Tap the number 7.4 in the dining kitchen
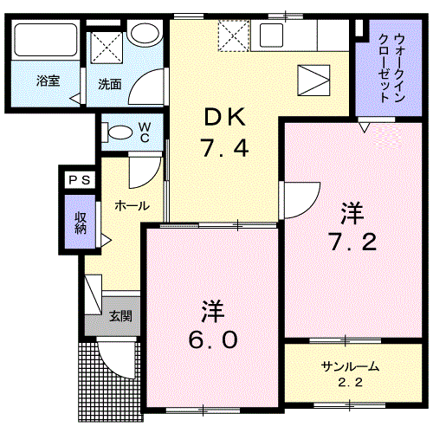pos(227,149)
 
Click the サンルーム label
pos(345,365)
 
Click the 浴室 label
pos(47,81)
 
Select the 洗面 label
pos(108,85)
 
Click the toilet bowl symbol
pos(116,132)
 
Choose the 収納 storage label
pos(80,223)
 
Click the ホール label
pos(132,206)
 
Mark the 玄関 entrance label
pos(120,317)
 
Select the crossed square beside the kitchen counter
pos(233,36)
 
